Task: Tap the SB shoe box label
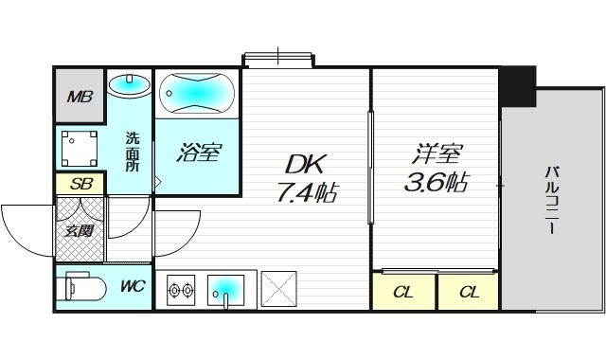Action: coord(80,184)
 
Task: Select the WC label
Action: coord(132,286)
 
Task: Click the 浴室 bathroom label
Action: coord(200,153)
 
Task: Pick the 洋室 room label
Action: coord(435,152)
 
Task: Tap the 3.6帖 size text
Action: coord(437,182)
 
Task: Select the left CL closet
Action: coord(403,291)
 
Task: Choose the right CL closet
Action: coord(469,291)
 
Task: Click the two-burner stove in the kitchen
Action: coord(180,289)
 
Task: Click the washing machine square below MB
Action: coord(79,148)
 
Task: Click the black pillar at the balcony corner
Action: coord(517,86)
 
